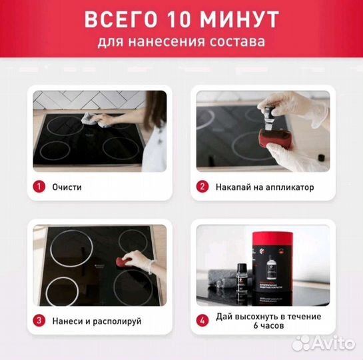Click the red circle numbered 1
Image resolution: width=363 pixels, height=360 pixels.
coord(40,187)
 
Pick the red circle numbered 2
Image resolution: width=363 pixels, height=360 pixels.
coord(202,187)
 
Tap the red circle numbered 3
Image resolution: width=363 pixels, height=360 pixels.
coord(40,321)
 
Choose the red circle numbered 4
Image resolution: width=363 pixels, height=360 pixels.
coord(202,321)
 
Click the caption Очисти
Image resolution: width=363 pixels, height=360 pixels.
coord(67,187)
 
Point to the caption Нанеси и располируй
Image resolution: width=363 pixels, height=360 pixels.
coord(97,321)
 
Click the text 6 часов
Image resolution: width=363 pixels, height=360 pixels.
coord(268,326)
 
